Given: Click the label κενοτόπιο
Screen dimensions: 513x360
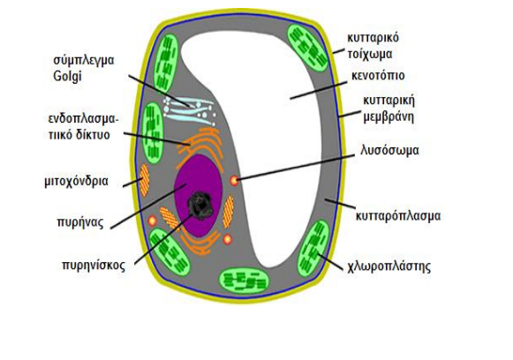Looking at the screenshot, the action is tap(378, 76).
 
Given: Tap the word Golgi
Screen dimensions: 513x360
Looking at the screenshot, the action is tap(67, 77).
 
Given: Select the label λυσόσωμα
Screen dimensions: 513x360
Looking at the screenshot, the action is tap(389, 150).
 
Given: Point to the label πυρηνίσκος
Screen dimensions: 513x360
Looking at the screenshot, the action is tap(94, 265).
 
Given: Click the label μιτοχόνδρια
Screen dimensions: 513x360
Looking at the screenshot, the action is tap(76, 181).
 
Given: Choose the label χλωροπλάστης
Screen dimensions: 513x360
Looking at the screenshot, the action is tap(389, 266).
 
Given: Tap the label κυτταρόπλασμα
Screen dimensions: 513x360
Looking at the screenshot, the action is tap(398, 216).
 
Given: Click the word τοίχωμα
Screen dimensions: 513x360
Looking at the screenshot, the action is tap(370, 54).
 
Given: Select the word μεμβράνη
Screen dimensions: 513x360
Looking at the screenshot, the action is tap(389, 116).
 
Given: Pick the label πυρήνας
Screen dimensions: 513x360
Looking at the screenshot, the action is tap(80, 222).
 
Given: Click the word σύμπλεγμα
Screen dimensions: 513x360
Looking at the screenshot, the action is tap(84, 61).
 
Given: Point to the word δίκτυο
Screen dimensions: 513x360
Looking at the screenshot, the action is tap(93, 135).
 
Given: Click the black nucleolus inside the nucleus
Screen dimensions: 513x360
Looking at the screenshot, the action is tap(200, 206).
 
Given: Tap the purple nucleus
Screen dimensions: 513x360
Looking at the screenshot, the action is tap(199, 195).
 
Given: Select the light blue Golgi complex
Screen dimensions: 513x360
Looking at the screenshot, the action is tap(189, 111).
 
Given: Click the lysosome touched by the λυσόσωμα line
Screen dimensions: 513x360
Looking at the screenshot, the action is tap(234, 180).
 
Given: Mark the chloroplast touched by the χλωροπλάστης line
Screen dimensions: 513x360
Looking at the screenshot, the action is tap(313, 248).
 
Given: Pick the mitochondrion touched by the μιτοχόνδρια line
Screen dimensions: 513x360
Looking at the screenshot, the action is tap(144, 180).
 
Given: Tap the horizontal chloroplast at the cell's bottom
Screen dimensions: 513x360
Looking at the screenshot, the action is tap(244, 281).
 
